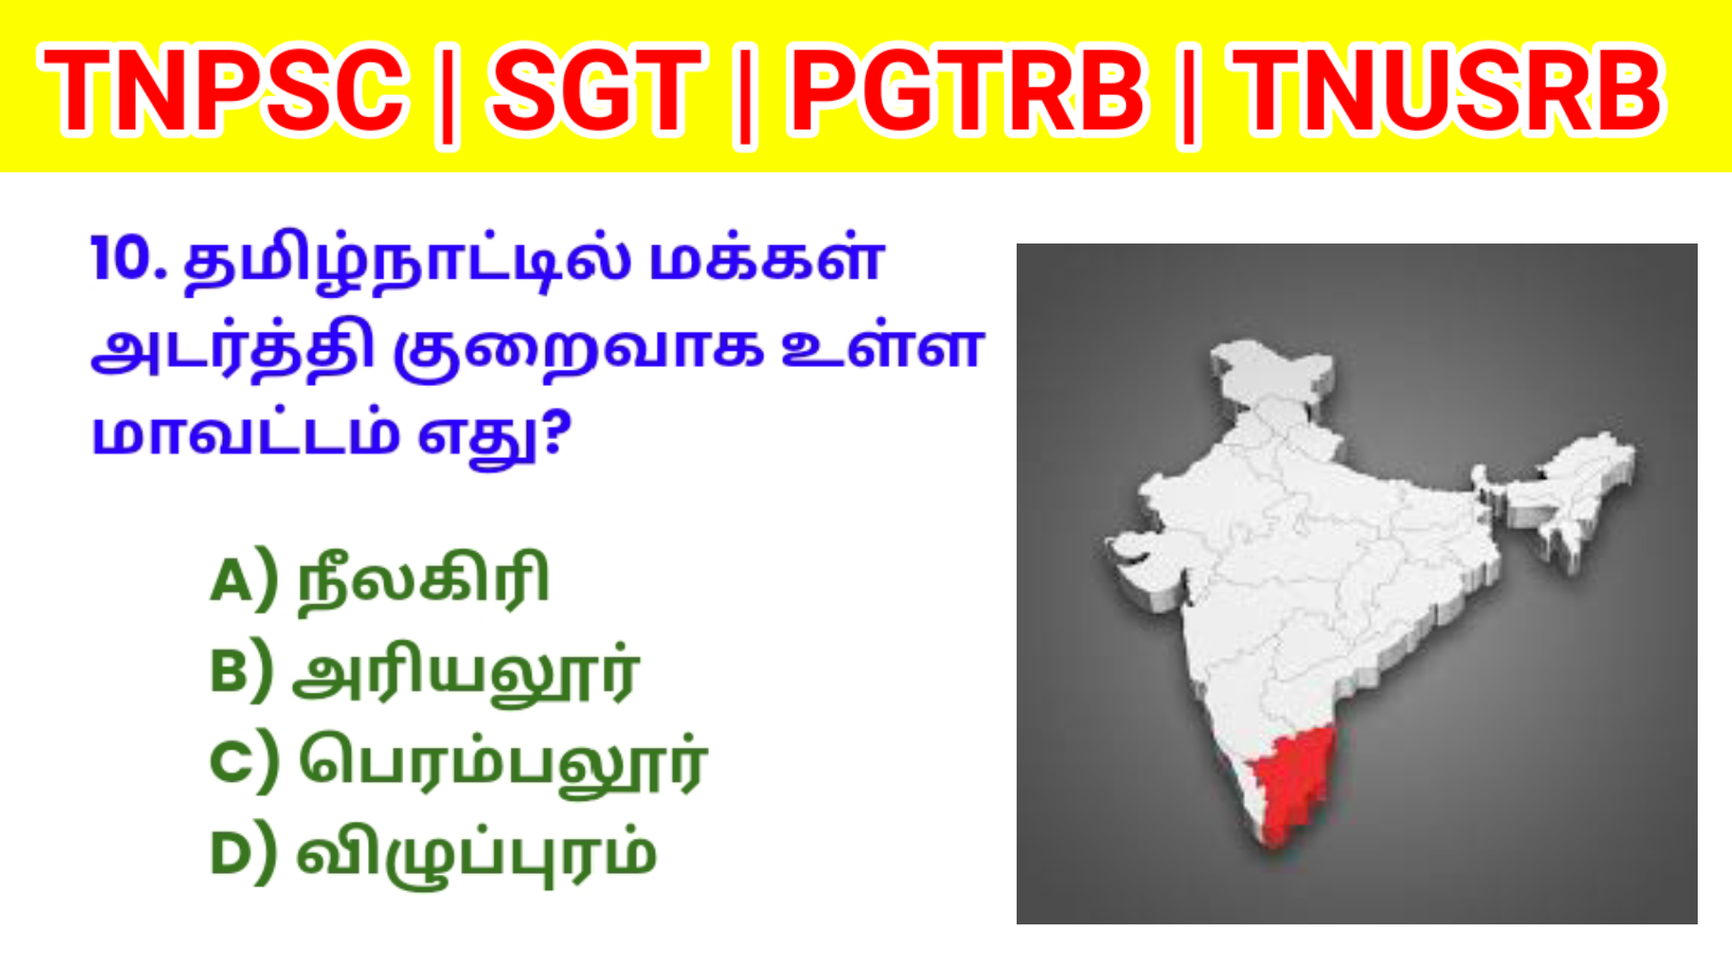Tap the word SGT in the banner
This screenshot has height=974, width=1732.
click(x=596, y=90)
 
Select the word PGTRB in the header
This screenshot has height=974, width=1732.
click(x=968, y=90)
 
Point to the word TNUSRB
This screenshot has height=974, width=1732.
click(x=1448, y=90)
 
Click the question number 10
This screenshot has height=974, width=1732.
click(x=129, y=260)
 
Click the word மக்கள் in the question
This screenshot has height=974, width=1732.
click(x=767, y=260)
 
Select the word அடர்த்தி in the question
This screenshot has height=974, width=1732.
click(x=233, y=350)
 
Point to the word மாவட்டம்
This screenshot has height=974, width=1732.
click(x=245, y=435)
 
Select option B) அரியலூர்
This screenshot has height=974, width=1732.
click(x=425, y=672)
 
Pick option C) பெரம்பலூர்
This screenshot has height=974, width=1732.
click(x=458, y=764)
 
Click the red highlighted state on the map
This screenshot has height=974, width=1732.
click(x=1288, y=785)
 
